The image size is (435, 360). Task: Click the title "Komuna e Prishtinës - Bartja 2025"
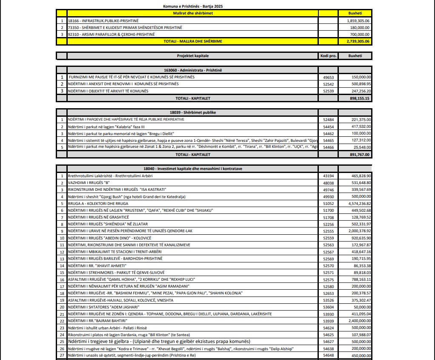[193, 6]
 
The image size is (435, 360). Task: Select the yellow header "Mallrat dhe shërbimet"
[193, 13]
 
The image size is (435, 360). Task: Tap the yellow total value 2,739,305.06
[355, 41]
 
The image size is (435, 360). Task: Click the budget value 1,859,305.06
[355, 20]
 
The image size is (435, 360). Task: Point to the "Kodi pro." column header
[328, 56]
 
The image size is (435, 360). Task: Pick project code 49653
[328, 77]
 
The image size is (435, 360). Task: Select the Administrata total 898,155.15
[355, 98]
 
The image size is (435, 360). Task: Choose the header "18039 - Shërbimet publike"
[193, 112]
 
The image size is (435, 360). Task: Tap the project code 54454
[328, 127]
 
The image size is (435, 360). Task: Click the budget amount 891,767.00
[355, 155]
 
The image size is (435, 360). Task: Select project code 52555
[328, 231]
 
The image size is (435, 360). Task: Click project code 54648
[328, 355]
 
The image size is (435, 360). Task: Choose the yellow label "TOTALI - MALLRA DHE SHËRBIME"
[193, 41]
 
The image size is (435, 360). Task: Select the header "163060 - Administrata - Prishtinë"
[193, 70]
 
